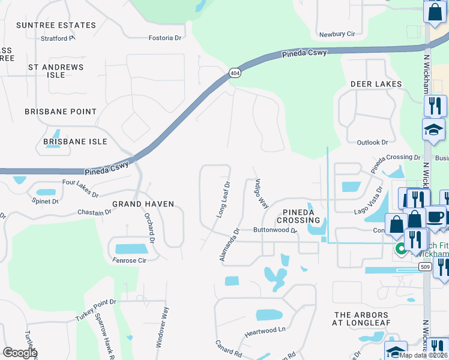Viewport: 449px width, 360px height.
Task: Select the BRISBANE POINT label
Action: point(61,112)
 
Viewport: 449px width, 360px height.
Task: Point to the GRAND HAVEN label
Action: point(143,204)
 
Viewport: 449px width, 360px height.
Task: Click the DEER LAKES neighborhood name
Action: point(376,85)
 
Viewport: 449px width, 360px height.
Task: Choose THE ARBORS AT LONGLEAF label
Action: point(362,319)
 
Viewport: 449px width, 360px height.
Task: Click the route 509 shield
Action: point(424,267)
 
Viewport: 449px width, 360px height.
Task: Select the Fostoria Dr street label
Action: point(165,38)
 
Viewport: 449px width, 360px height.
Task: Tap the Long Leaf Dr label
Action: point(222,200)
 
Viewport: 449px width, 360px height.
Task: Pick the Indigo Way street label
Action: point(261,193)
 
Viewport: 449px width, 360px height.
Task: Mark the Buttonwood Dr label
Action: point(275,230)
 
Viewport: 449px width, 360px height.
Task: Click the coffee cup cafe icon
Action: point(436,217)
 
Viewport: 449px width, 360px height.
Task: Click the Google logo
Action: point(20,353)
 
